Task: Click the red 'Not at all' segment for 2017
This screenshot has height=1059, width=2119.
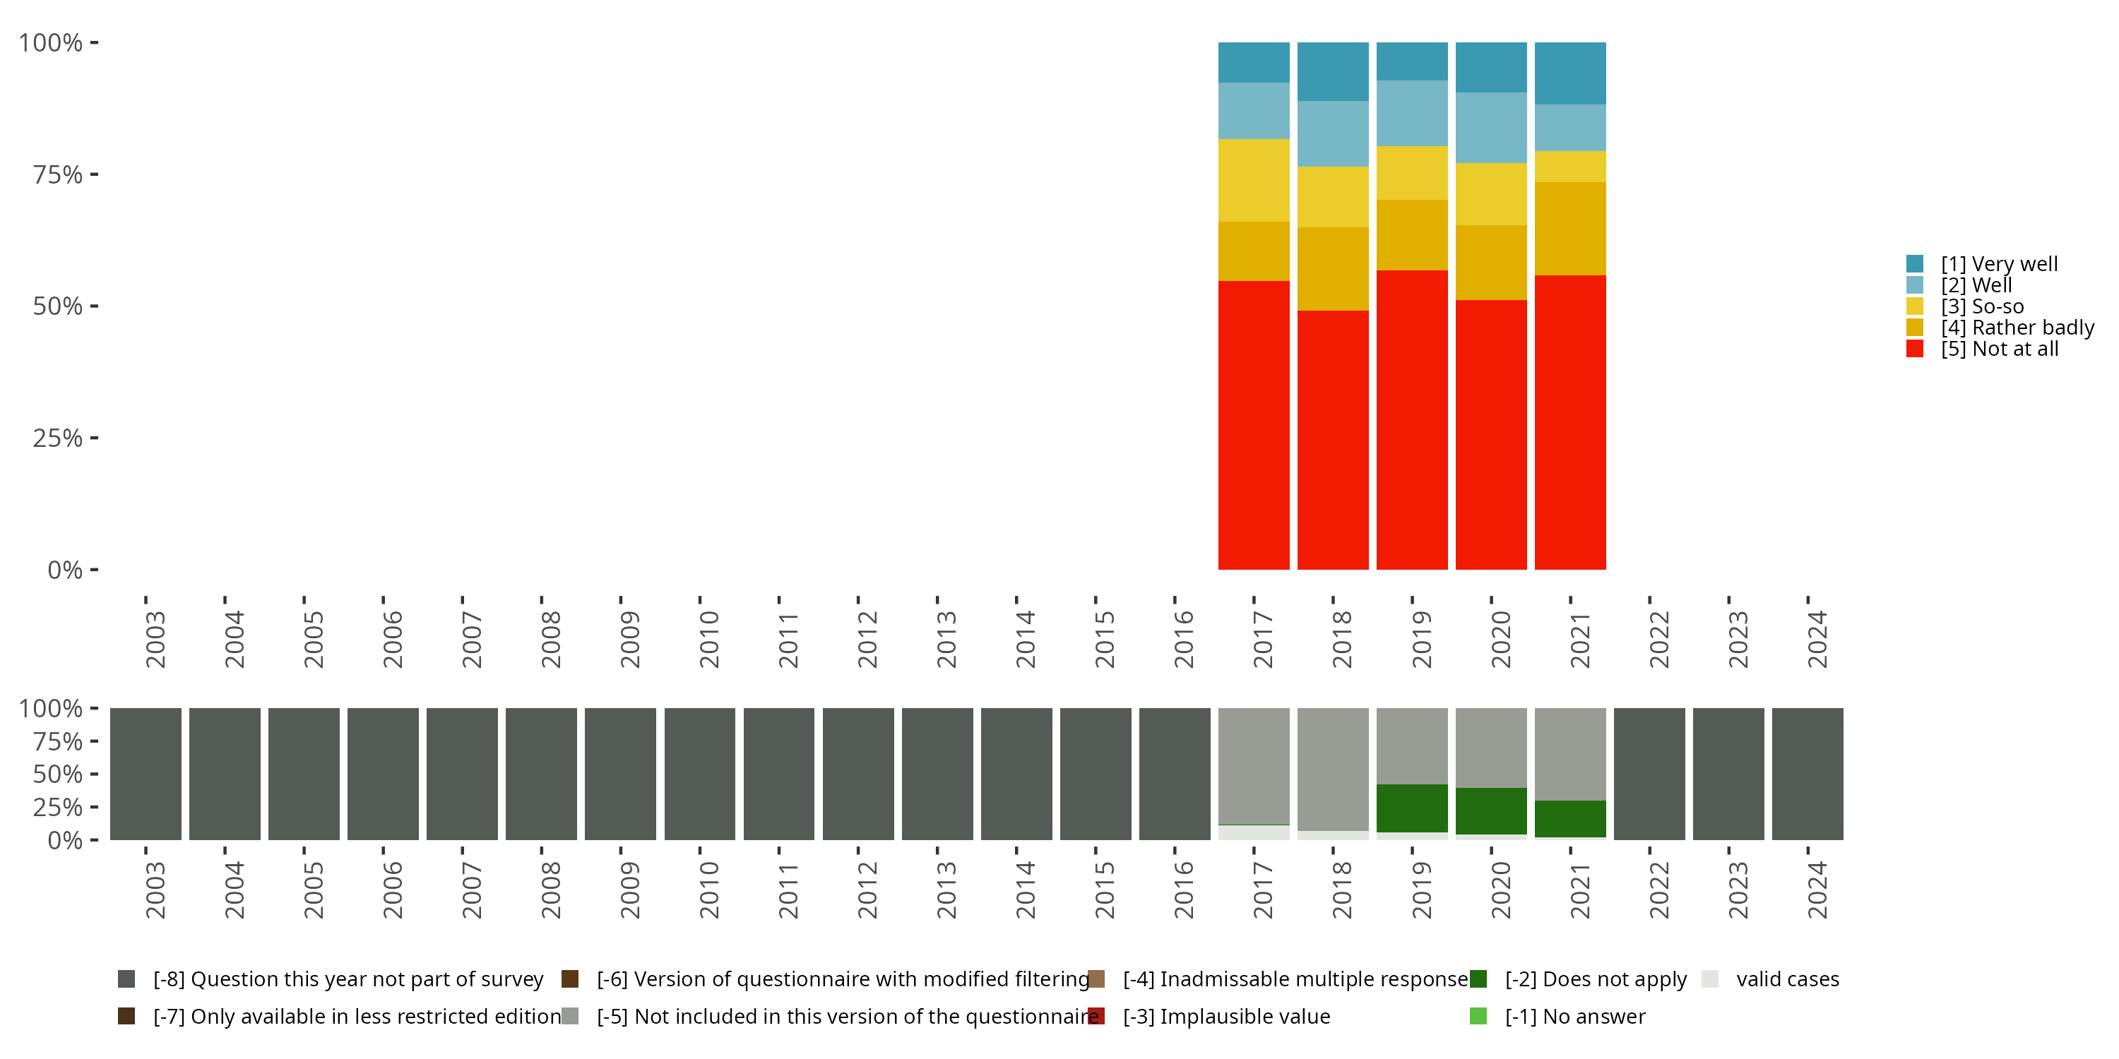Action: coord(1253,424)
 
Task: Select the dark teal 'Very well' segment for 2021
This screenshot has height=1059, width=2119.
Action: coord(1569,73)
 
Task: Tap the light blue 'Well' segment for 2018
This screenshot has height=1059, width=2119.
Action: coord(1333,134)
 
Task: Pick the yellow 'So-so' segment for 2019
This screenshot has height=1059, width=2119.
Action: coord(1411,173)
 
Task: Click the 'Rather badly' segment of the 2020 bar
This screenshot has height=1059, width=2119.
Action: coord(1490,263)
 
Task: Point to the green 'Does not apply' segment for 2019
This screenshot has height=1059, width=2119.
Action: coord(1411,808)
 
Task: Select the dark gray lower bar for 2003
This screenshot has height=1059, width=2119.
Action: coord(146,774)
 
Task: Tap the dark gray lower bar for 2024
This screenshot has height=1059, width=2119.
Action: coord(1808,774)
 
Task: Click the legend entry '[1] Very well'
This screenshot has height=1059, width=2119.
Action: coord(1998,264)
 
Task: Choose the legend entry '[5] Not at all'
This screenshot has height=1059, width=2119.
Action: coord(1998,349)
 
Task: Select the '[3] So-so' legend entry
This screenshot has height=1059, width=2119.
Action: coord(1982,306)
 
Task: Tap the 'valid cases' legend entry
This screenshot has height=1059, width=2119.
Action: coord(1787,979)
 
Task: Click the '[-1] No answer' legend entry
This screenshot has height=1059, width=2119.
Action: coord(1574,1016)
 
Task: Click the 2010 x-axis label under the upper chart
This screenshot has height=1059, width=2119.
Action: coord(708,640)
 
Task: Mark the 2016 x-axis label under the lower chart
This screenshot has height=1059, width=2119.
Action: coord(1183,890)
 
